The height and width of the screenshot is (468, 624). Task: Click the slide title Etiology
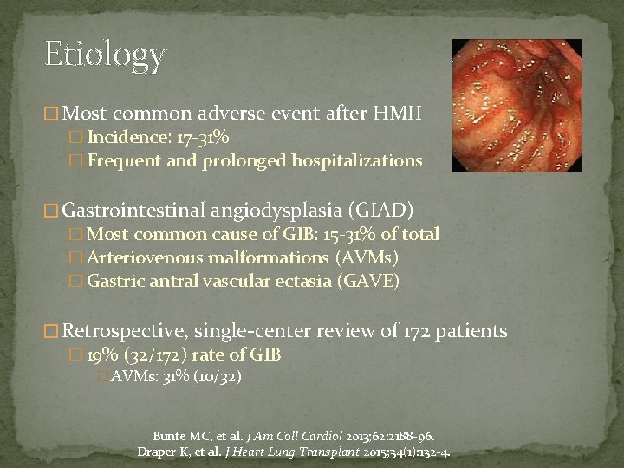pyautogui.click(x=105, y=55)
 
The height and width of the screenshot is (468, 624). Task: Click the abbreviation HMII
pyautogui.click(x=397, y=113)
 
